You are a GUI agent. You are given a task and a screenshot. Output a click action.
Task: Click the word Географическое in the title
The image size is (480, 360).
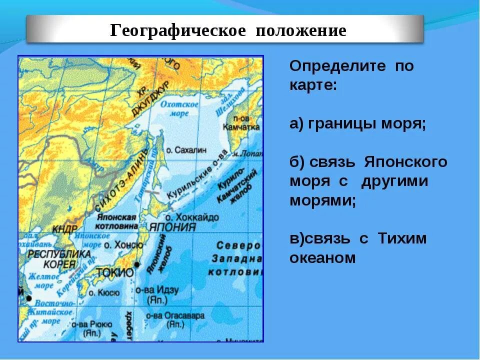(178, 30)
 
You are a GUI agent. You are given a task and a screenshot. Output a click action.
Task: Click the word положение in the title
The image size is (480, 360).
(301, 30)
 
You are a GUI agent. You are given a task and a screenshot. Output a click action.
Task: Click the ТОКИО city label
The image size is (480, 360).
(114, 273)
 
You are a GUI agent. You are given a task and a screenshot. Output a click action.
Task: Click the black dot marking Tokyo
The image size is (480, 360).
(136, 264)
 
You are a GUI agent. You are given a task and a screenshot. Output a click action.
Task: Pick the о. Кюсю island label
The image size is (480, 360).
(104, 292)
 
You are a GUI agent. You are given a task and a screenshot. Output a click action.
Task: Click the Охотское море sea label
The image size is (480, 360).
(180, 108)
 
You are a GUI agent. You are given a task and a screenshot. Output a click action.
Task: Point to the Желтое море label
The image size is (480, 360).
(41, 280)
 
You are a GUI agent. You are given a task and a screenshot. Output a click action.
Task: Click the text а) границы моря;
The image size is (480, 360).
(357, 124)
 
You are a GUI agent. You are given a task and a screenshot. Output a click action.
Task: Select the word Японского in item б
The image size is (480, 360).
(405, 162)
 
